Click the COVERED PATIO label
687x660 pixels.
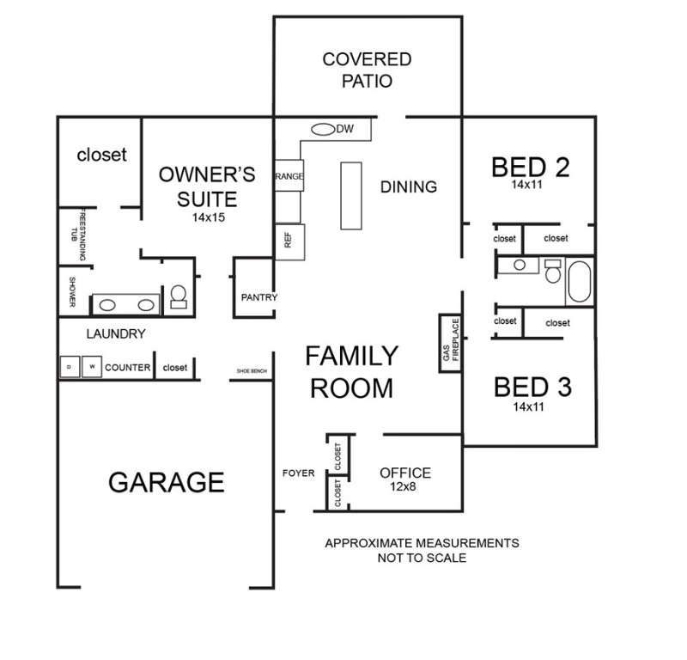click(367, 70)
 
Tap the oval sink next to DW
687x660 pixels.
click(322, 130)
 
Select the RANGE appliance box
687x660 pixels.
click(289, 175)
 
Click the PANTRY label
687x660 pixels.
click(258, 297)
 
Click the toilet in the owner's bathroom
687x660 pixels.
click(179, 296)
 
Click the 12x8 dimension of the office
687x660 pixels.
click(404, 488)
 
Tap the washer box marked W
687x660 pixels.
click(91, 367)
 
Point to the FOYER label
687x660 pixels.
click(299, 474)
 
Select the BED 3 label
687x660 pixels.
click(532, 388)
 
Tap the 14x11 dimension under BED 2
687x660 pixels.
click(529, 184)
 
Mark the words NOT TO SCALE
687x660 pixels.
click(421, 558)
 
